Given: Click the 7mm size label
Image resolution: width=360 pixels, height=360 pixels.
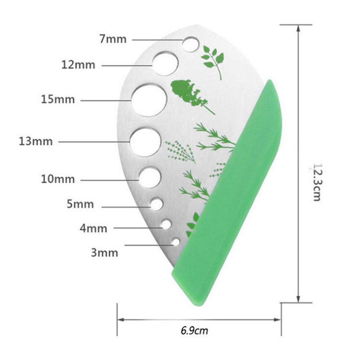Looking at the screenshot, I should [113, 39].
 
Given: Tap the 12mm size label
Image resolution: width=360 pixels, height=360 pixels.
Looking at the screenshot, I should [78, 64].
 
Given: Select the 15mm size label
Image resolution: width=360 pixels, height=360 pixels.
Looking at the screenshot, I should [58, 100].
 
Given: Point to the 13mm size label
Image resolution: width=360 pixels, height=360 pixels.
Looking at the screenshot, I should [36, 142].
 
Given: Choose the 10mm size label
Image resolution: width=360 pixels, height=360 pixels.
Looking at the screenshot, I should [58, 179].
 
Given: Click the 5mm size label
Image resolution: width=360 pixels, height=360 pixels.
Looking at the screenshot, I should [81, 204].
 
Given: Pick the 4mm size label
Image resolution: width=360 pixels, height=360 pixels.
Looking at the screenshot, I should [94, 228].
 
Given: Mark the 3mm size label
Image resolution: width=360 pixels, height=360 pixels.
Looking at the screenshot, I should [104, 252].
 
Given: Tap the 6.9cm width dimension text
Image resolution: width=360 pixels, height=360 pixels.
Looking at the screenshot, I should [194, 330].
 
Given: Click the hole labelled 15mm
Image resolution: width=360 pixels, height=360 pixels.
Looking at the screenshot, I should [149, 100].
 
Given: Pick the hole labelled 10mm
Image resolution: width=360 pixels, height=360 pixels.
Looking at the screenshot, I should [151, 178].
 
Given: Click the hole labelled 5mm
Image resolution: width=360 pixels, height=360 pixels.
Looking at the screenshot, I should [157, 204].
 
